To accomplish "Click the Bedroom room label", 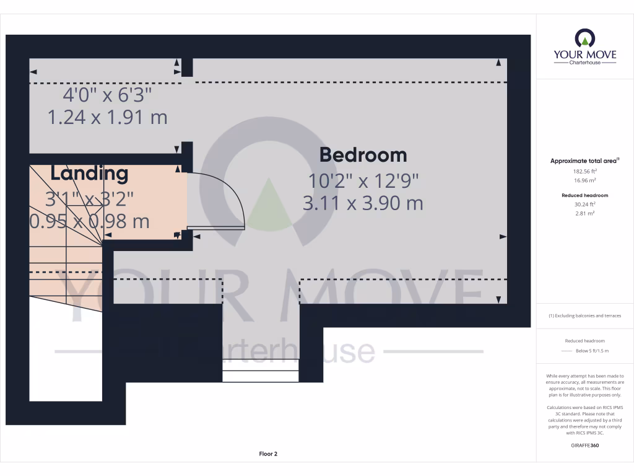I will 363,155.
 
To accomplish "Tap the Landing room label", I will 89,174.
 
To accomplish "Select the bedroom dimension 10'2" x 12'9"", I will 363,181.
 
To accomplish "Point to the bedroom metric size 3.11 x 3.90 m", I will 363,203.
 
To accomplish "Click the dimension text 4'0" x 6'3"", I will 107,95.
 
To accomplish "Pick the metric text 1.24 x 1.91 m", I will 107,117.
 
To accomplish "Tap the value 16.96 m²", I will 584,180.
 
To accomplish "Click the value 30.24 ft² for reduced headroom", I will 584,204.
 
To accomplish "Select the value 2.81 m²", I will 584,213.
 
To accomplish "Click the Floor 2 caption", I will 268,454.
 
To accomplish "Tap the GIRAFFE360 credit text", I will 584,445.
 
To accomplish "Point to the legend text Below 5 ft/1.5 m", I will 593,351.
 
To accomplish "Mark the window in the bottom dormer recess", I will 261,375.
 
